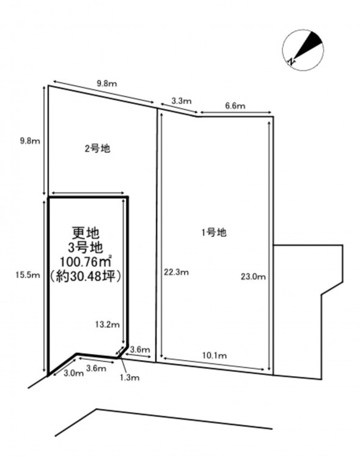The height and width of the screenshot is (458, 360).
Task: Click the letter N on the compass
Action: (x=291, y=61)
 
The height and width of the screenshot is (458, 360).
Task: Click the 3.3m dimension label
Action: (x=182, y=101)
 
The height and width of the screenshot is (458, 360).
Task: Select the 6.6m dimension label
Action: (x=235, y=106)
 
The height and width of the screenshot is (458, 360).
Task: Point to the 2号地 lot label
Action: (x=97, y=148)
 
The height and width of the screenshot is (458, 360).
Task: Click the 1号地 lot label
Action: (x=214, y=233)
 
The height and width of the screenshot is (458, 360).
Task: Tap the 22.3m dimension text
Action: (x=177, y=272)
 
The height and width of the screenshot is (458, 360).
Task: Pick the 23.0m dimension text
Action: (x=253, y=276)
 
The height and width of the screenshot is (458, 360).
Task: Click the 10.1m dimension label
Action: (x=215, y=355)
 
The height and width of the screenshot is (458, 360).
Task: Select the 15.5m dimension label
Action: (x=28, y=275)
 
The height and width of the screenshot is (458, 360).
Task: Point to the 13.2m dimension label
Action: (x=108, y=324)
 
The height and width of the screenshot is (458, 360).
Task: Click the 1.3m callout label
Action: (x=130, y=377)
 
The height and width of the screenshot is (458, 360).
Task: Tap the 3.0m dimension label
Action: (x=74, y=373)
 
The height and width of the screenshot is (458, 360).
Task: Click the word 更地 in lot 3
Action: (x=86, y=233)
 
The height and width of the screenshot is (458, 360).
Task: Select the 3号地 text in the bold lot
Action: (x=86, y=248)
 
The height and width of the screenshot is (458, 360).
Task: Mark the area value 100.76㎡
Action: (x=86, y=261)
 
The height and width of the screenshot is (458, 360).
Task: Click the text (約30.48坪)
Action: (x=85, y=276)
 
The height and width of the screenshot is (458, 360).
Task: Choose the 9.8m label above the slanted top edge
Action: (x=107, y=84)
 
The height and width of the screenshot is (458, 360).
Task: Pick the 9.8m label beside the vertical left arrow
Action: (x=30, y=141)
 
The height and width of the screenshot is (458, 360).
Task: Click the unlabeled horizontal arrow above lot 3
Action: (x=88, y=193)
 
